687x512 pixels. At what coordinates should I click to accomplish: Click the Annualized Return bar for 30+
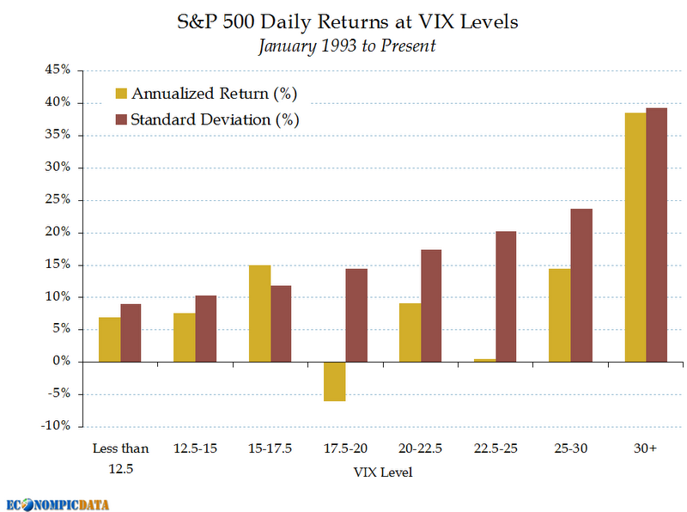point(635,237)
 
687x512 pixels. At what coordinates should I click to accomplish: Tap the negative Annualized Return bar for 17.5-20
point(335,381)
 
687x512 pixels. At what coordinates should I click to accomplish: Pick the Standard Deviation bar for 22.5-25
point(506,296)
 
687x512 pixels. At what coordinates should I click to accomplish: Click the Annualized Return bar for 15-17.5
point(259,314)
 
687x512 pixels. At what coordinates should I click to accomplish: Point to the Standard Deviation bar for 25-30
point(581,285)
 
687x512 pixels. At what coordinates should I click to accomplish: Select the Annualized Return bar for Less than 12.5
point(110,339)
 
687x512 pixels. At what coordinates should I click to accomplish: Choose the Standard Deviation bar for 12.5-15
point(206,328)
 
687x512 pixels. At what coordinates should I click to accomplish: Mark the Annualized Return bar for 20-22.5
point(410,332)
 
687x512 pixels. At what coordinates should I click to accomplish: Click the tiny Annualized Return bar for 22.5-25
point(484,360)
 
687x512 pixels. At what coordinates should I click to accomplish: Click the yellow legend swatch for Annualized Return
point(121,94)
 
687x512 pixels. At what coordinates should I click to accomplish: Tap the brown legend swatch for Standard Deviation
point(121,119)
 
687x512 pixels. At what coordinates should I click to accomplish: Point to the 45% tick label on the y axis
point(56,70)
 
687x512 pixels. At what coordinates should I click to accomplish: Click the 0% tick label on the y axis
point(60,362)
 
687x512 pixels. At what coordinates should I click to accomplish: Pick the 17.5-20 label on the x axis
point(345,448)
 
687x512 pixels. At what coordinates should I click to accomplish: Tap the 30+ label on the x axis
point(645,448)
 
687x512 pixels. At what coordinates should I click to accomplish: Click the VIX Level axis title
point(382,472)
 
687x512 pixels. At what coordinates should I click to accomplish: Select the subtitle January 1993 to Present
point(346,46)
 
